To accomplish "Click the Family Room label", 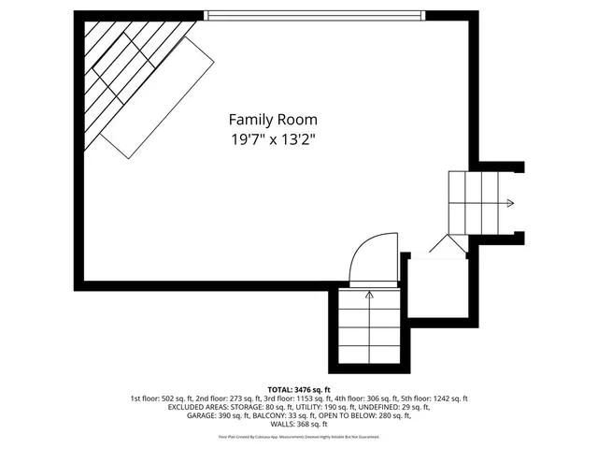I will pyautogui.click(x=273, y=120).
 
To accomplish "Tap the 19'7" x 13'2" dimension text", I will pyautogui.click(x=273, y=140).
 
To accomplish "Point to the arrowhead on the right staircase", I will pyautogui.click(x=509, y=203).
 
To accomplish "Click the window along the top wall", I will pyautogui.click(x=315, y=15).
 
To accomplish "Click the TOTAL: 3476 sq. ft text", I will pyautogui.click(x=299, y=388).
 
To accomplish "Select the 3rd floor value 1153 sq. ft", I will pyautogui.click(x=298, y=398).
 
